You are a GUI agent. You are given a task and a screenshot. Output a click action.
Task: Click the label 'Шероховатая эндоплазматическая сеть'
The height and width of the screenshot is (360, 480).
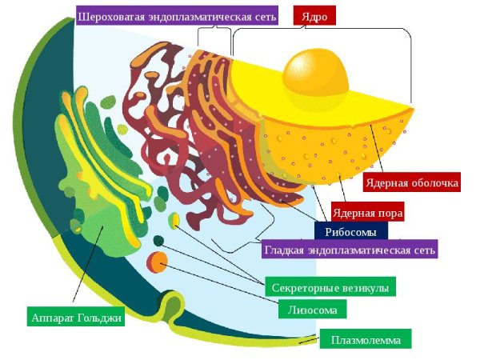[x=178, y=16]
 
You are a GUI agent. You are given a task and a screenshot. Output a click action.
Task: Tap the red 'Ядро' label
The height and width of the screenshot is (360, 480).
[x=314, y=16]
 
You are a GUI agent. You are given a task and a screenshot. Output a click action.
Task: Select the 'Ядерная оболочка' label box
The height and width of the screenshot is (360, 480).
[x=412, y=182]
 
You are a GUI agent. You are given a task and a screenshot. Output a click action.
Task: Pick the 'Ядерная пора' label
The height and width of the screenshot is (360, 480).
[x=368, y=212]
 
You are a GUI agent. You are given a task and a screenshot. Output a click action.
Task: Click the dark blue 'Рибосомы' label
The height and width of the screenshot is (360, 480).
[x=351, y=231]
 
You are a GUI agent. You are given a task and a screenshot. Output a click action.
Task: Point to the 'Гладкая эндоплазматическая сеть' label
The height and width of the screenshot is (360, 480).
[x=350, y=249]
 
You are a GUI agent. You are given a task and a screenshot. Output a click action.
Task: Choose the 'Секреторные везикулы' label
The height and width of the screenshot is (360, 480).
[x=330, y=287]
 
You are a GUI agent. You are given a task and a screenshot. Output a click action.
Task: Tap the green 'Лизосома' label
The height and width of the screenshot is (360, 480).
[x=312, y=309]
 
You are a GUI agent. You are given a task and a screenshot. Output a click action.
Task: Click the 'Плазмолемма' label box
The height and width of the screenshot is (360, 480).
[x=366, y=339]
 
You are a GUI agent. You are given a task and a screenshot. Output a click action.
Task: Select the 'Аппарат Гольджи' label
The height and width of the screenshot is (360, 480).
[x=76, y=317]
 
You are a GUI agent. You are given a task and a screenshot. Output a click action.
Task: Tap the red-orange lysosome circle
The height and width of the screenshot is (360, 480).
[x=157, y=262]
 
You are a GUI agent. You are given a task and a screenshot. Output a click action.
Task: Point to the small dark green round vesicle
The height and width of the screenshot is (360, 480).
[x=158, y=241]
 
